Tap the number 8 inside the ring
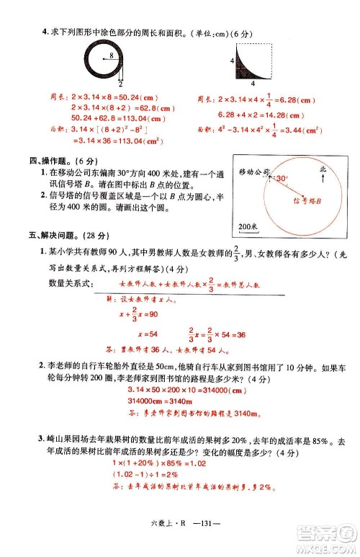112,55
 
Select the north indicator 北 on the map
322,167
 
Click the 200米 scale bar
247,228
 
